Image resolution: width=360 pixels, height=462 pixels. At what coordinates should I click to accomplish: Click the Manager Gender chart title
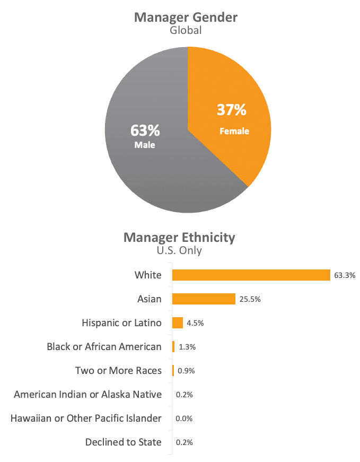[x=186, y=17]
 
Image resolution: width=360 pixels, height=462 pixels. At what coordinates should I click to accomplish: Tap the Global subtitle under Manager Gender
[x=186, y=30]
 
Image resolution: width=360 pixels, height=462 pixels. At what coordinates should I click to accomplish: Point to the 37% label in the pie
[x=232, y=110]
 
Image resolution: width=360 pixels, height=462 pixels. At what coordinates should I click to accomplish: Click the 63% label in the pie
[x=145, y=130]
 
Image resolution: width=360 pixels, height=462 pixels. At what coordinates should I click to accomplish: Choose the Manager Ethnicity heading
[x=179, y=237]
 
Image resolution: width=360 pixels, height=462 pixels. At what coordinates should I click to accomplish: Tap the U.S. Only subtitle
[x=179, y=250]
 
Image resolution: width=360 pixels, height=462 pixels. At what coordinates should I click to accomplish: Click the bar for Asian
[x=204, y=299]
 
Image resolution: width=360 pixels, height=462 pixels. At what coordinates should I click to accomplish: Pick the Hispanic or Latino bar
[x=178, y=322]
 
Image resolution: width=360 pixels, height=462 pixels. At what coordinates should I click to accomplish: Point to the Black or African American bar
[x=173, y=346]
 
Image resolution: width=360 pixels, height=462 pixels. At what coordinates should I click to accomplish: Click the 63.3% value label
[x=344, y=275]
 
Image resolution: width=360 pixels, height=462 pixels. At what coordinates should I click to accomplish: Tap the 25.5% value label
[x=250, y=299]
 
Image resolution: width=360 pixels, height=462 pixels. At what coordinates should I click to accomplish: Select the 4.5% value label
[x=195, y=323]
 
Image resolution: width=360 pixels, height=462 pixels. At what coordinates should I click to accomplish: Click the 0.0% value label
[x=184, y=419]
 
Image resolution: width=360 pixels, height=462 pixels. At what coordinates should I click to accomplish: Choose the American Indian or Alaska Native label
[x=87, y=394]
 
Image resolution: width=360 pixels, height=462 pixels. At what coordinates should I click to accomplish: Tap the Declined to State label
[x=123, y=442]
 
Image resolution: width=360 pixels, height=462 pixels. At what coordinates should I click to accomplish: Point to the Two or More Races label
[x=118, y=370]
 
